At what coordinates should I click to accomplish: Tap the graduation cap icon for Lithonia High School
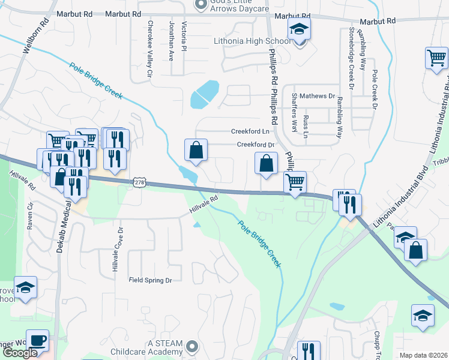(298, 28)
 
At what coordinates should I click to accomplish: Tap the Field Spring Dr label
(150, 280)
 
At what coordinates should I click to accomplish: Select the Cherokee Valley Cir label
(151, 50)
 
